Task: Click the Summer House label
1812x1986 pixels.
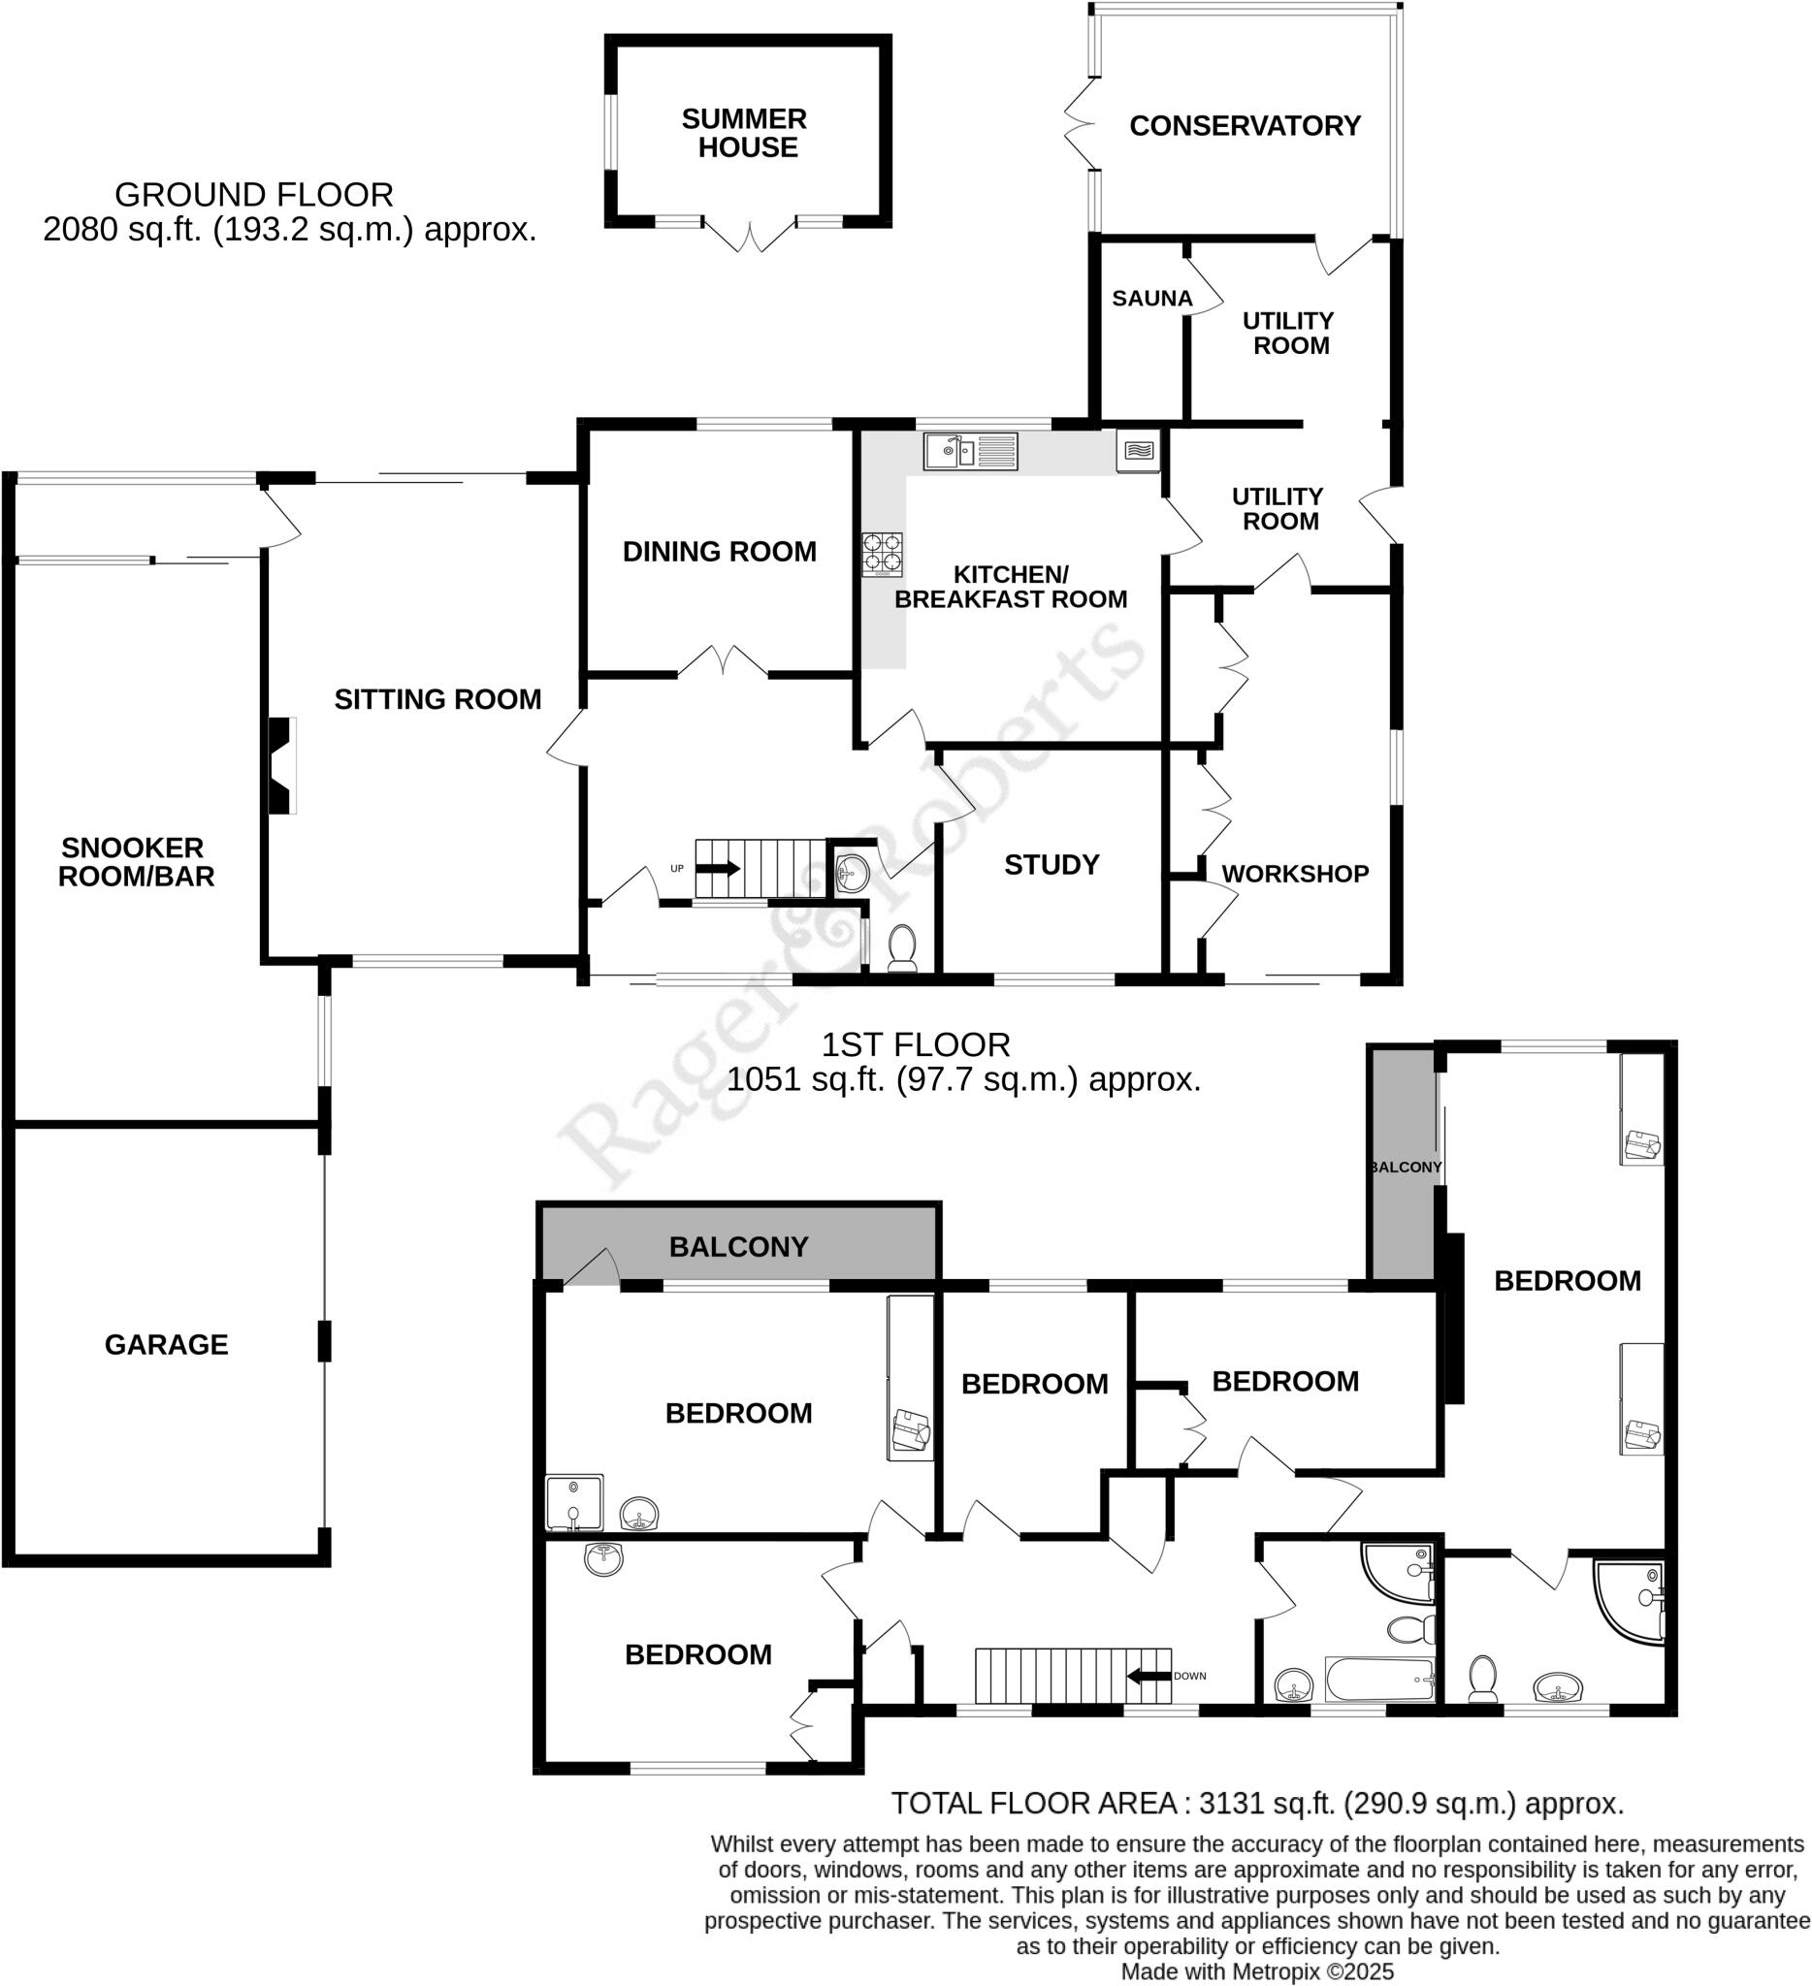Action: [745, 133]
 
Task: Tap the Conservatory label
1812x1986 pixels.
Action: [1245, 126]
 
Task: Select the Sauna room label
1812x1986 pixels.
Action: [1150, 299]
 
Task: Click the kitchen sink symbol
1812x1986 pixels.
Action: [970, 452]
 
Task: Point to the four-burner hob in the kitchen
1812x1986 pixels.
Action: [882, 554]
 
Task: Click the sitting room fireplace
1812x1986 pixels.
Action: [283, 765]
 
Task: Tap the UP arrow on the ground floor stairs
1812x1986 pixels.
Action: [717, 868]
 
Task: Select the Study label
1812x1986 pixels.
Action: [1052, 865]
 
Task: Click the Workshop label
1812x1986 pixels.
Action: [1295, 874]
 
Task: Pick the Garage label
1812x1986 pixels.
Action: [167, 1345]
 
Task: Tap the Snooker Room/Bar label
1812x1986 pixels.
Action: [135, 862]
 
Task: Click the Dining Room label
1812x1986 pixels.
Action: [720, 552]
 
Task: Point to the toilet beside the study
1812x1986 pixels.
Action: [902, 947]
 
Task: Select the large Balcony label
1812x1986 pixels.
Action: [738, 1247]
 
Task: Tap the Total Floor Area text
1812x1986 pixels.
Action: [1257, 1804]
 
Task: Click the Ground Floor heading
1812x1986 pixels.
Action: [254, 195]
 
